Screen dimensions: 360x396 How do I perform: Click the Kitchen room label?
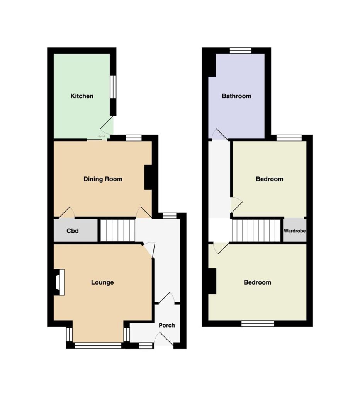point(82,96)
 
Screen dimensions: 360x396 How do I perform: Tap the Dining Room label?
point(103,179)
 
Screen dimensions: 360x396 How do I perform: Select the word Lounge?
point(102,282)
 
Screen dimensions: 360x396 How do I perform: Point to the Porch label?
point(167,325)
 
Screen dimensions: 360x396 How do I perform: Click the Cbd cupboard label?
point(73,231)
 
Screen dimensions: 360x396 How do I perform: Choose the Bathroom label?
point(236,96)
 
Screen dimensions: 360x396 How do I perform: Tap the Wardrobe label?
point(295,231)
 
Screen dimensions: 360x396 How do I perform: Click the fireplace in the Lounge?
point(59,282)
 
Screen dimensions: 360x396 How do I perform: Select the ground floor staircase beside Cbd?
point(118,230)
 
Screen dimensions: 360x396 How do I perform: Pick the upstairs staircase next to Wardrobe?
point(256,230)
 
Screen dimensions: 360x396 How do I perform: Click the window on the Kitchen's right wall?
point(113,87)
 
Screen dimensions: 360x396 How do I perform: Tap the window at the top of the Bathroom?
point(241,51)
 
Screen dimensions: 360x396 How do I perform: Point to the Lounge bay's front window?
point(98,346)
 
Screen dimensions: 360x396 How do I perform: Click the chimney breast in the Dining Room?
point(148,177)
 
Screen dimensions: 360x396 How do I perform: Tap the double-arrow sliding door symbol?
point(102,137)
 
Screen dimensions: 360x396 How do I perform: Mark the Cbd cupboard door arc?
point(67,212)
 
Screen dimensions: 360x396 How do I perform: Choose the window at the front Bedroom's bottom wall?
point(258,324)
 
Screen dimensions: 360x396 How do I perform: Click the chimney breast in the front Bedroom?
point(212,281)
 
